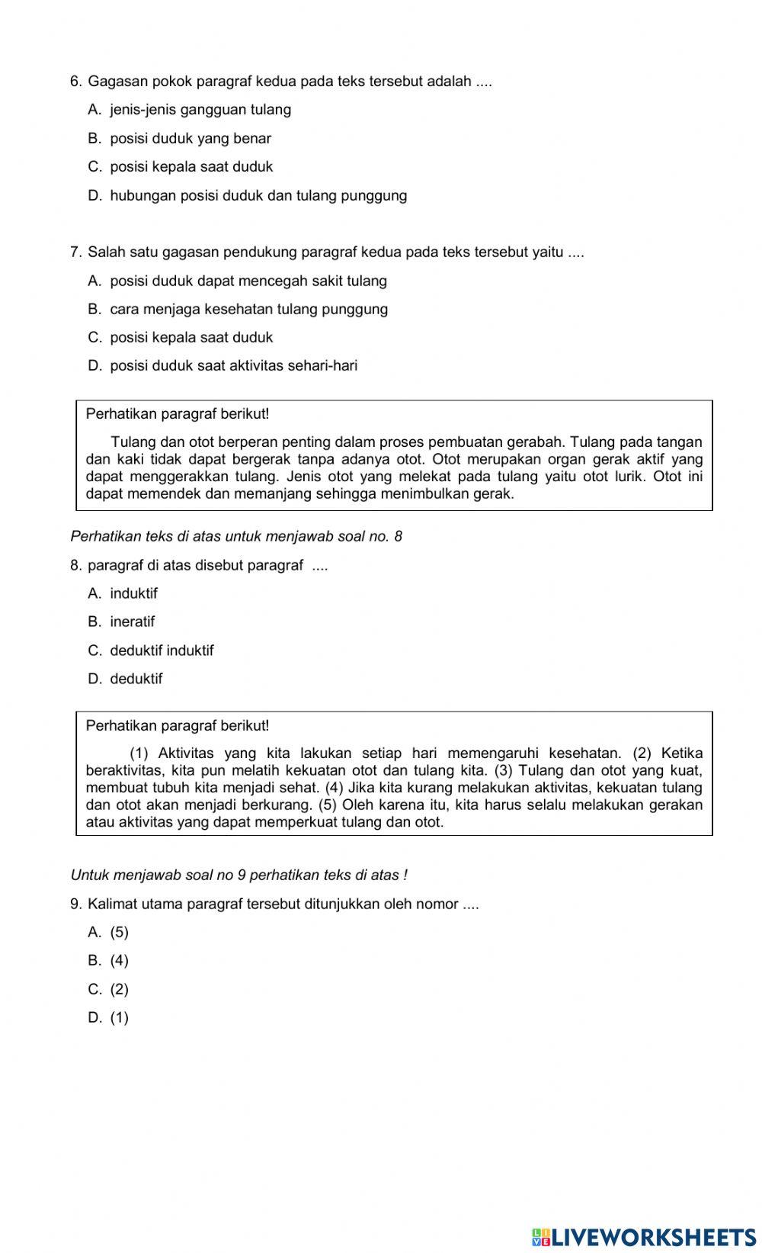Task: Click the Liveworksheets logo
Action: click(x=644, y=1236)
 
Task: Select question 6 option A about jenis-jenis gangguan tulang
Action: click(x=200, y=110)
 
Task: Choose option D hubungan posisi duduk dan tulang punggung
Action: click(x=258, y=196)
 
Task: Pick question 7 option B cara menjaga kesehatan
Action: click(x=248, y=310)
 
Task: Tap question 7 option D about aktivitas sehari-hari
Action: click(x=233, y=366)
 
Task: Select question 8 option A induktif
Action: click(x=133, y=594)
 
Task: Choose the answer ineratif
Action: click(x=132, y=622)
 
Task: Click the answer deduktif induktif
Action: click(x=162, y=651)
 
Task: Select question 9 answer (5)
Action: click(x=119, y=933)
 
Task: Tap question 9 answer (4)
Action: click(x=119, y=961)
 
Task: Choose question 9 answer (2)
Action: click(x=119, y=990)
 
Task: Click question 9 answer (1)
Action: click(x=119, y=1018)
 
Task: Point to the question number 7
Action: click(x=75, y=252)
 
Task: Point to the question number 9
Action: click(x=75, y=904)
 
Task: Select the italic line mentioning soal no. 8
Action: click(x=236, y=537)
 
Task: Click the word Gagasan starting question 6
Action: click(x=116, y=82)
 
